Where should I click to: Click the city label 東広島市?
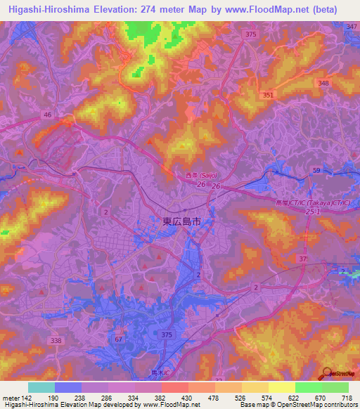(181, 221)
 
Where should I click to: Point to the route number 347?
(352, 26)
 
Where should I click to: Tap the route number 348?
(323, 83)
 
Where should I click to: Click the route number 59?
(317, 171)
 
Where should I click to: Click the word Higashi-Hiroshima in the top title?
(48, 10)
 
